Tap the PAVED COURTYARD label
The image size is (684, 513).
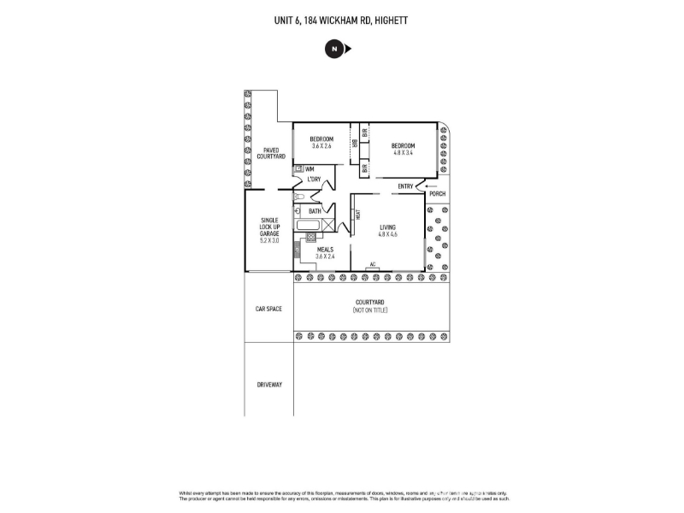pos(270,153)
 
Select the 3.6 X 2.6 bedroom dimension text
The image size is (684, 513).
pos(321,146)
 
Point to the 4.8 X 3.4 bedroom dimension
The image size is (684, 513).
pos(403,153)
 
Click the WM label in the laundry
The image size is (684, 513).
pos(310,169)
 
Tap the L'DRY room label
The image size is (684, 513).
pos(314,180)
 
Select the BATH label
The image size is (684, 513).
pos(315,211)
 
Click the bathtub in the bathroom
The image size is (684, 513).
pos(307,227)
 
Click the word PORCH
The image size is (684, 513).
pos(437,194)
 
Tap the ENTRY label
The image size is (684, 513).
pos(405,186)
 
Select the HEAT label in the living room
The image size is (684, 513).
pos(357,216)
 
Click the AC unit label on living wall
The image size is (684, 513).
pos(373,264)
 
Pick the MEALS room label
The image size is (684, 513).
pos(325,250)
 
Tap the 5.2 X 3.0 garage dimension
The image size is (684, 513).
pos(270,240)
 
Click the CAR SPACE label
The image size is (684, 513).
pos(268,309)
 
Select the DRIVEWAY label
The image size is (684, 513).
pos(269,385)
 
